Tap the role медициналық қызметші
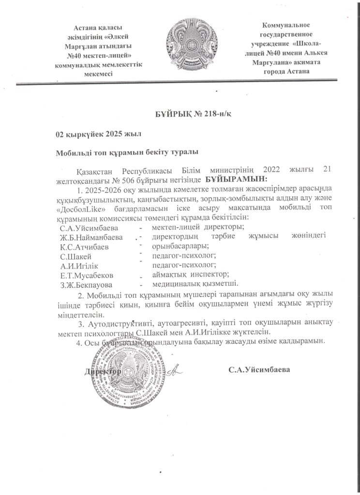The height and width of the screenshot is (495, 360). [195, 283]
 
